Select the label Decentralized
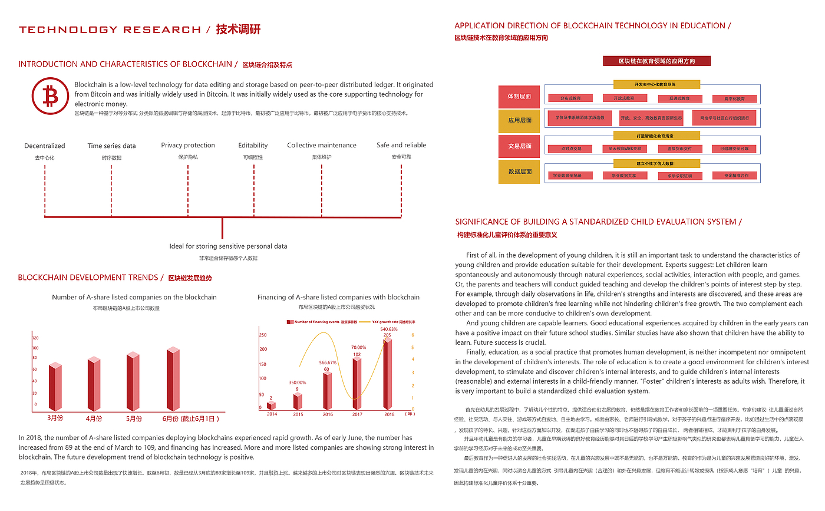tap(45, 146)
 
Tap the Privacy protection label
tap(188, 145)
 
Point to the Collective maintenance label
tap(322, 145)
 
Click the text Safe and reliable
tap(401, 145)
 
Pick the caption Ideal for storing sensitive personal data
tap(228, 246)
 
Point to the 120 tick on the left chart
tap(35, 338)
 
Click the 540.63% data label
tap(388, 329)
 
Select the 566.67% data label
tap(328, 362)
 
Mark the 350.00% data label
tap(297, 383)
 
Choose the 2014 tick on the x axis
tap(271, 414)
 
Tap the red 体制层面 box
tap(519, 95)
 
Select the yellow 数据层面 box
tap(519, 172)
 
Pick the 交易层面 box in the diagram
tap(519, 146)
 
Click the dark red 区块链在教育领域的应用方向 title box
tap(656, 61)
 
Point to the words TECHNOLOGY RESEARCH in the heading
tap(110, 29)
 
